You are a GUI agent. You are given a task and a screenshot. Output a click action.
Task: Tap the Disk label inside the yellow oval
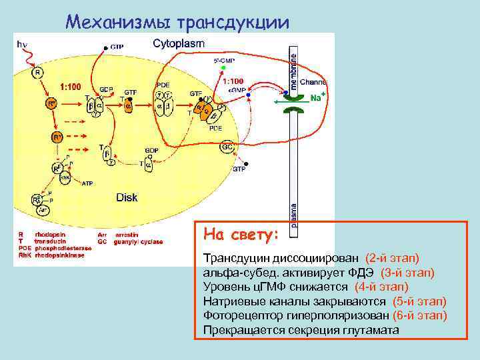127,197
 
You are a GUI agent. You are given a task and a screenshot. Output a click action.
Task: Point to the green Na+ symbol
318,98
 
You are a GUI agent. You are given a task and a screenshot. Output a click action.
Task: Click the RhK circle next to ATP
65,178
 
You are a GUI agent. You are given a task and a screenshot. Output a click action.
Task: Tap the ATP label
87,183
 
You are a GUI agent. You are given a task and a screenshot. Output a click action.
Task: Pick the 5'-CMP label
223,60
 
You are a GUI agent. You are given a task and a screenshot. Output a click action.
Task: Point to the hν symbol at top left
22,44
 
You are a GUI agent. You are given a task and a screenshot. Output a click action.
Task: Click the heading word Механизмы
119,22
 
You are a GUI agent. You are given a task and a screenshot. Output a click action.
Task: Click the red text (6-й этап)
419,315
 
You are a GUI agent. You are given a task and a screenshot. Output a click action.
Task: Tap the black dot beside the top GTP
104,47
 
